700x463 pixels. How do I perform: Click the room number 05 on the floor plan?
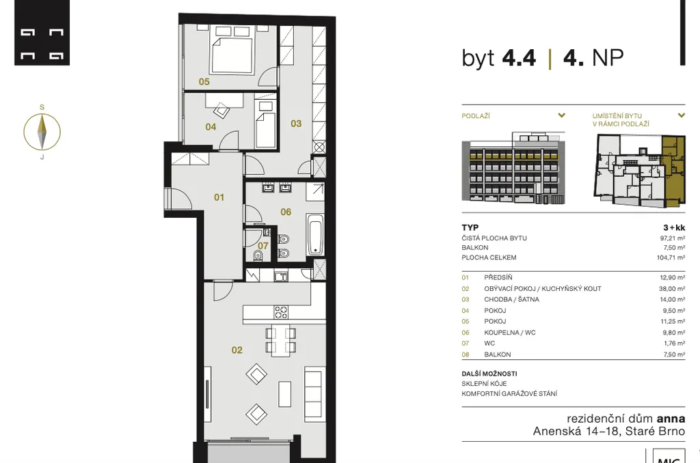pyautogui.click(x=204, y=82)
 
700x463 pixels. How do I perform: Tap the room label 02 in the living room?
pyautogui.click(x=237, y=350)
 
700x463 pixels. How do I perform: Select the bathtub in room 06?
pyautogui.click(x=315, y=235)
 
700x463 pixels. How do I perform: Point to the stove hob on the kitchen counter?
pyautogui.click(x=281, y=312)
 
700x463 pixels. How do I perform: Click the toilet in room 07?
pyautogui.click(x=258, y=255)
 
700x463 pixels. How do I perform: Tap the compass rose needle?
pyautogui.click(x=42, y=132)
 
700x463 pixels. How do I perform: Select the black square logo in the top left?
pyautogui.click(x=42, y=33)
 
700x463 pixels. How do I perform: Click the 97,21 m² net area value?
pyautogui.click(x=673, y=238)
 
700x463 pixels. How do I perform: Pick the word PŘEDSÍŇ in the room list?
pyautogui.click(x=498, y=277)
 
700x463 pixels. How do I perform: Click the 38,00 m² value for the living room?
pyautogui.click(x=672, y=289)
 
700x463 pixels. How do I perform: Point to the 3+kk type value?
pyautogui.click(x=674, y=227)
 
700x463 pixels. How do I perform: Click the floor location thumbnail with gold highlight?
pyautogui.click(x=639, y=171)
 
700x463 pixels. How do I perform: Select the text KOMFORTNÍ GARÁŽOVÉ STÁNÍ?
pyautogui.click(x=509, y=393)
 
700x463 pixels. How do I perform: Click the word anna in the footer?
pyautogui.click(x=671, y=419)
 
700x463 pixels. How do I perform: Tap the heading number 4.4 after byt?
pyautogui.click(x=519, y=58)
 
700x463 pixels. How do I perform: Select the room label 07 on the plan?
pyautogui.click(x=263, y=246)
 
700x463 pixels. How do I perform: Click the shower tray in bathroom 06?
pyautogui.click(x=315, y=192)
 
